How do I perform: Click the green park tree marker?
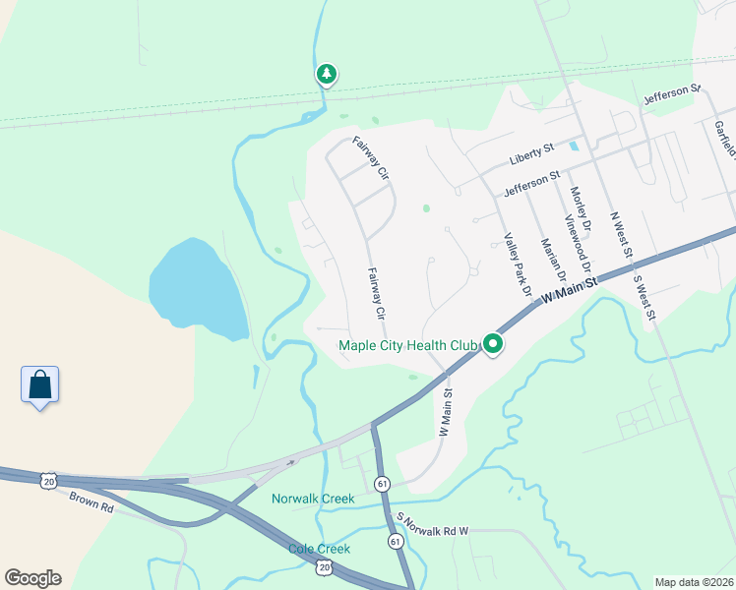[x=326, y=74]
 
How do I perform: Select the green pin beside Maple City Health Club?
[x=492, y=344]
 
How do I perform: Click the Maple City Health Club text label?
[x=407, y=345]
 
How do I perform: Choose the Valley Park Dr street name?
[x=517, y=264]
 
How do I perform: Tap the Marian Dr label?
[x=548, y=257]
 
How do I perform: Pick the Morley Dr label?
[x=580, y=208]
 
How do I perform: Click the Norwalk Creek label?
[x=312, y=499]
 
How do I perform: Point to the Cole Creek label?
[x=320, y=549]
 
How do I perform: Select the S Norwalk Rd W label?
[x=432, y=523]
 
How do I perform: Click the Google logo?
[x=32, y=578]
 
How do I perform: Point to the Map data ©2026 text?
[x=695, y=582]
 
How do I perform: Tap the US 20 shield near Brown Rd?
[x=48, y=479]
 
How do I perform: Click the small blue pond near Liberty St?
[x=573, y=147]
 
